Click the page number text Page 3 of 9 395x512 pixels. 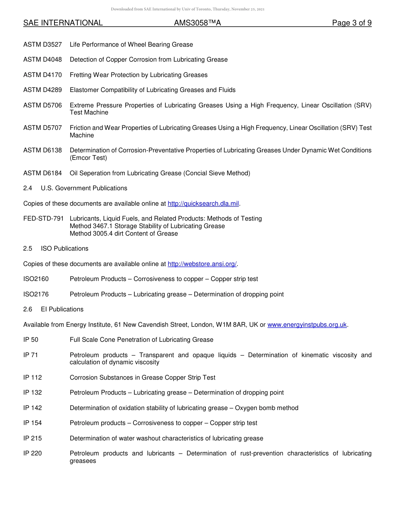pos(351,23)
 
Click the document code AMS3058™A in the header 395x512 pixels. pos(197,23)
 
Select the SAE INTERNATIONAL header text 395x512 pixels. pos(63,23)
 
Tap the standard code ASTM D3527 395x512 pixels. pos(42,45)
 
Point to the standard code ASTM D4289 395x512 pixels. pos(42,90)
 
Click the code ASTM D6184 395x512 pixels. pos(42,173)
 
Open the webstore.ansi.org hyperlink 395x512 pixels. pos(202,264)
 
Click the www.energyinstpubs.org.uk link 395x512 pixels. pos(307,325)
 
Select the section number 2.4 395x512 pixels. pos(28,188)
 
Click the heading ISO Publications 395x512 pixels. pos(64,249)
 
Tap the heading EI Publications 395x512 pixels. pos(62,309)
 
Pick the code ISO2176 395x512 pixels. pos(36,294)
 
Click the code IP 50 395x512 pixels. pos(31,340)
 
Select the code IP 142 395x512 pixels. pos(32,408)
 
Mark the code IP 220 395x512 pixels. pos(32,453)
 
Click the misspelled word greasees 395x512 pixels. pos(83,461)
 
